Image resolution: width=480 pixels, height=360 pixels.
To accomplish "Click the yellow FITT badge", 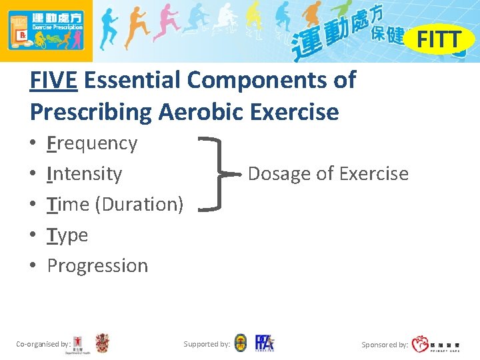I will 439,40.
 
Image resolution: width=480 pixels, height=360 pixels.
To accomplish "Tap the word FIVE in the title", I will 54,81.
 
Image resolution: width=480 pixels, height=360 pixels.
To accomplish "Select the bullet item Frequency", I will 92,143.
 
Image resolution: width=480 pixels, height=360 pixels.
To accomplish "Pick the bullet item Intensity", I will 85,174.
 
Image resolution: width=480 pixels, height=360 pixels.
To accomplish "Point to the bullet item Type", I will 67,235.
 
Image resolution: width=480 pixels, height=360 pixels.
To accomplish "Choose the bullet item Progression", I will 97,265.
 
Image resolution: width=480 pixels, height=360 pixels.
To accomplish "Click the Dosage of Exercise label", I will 328,174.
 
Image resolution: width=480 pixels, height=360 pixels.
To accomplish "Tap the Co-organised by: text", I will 43,344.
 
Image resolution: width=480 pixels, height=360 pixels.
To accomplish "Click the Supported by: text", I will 207,344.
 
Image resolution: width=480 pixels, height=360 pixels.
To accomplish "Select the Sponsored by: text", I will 385,345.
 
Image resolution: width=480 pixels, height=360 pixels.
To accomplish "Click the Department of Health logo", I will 79,344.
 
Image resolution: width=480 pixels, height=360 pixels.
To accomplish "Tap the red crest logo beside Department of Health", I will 102,343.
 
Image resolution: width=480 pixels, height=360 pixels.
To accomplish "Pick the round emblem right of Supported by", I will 241,343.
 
